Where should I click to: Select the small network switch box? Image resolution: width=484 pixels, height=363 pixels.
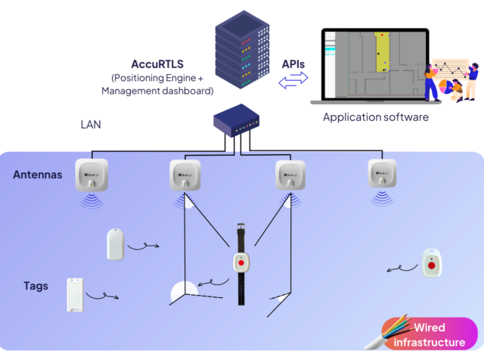click(x=238, y=119)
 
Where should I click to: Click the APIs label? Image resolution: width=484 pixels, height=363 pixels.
click(x=293, y=65)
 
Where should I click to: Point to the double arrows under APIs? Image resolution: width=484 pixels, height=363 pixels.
click(x=293, y=82)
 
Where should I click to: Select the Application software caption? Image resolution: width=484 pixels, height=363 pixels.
click(x=375, y=117)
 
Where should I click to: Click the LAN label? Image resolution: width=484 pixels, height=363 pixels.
click(x=91, y=124)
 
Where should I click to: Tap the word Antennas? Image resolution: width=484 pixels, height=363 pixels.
click(x=38, y=175)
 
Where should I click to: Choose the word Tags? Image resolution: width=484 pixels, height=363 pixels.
click(x=36, y=286)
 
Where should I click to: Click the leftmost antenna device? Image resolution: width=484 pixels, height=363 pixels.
click(x=91, y=175)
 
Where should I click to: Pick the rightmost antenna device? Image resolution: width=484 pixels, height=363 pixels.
click(x=383, y=173)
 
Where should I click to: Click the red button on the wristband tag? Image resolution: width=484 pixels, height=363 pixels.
click(x=241, y=263)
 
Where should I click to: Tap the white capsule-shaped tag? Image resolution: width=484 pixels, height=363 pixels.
click(x=115, y=244)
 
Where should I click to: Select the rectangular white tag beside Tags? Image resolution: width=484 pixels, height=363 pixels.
click(x=75, y=295)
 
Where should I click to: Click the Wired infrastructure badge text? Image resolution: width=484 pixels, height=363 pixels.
click(x=429, y=335)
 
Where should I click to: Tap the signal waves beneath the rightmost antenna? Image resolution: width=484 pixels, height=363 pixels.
click(x=383, y=198)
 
